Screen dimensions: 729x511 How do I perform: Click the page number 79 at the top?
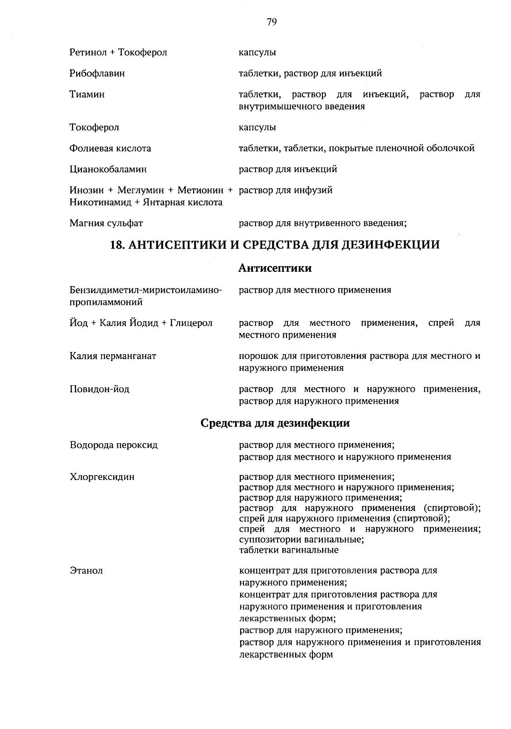[x=272, y=22]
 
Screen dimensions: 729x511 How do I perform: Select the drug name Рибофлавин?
[x=97, y=74]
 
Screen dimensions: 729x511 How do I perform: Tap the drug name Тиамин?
[x=87, y=95]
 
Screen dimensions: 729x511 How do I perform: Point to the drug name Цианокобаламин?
[x=108, y=169]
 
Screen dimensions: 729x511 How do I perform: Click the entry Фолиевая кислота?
[x=110, y=149]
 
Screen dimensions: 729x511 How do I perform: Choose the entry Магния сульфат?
[x=106, y=223]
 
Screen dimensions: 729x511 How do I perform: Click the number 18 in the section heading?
[x=116, y=245]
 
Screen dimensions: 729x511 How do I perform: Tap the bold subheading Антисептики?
[x=275, y=268]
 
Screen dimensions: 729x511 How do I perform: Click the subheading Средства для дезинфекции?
[x=275, y=423]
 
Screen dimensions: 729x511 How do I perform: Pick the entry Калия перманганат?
[x=113, y=356]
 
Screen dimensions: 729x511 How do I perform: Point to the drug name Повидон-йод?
[x=100, y=389]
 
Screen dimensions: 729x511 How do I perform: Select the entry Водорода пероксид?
[x=114, y=445]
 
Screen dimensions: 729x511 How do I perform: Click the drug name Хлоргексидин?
[x=102, y=477]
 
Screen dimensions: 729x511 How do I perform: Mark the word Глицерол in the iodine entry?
[x=191, y=323]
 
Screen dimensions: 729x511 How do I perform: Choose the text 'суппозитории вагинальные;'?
[x=301, y=540]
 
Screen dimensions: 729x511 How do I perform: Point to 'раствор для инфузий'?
[x=286, y=190]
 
